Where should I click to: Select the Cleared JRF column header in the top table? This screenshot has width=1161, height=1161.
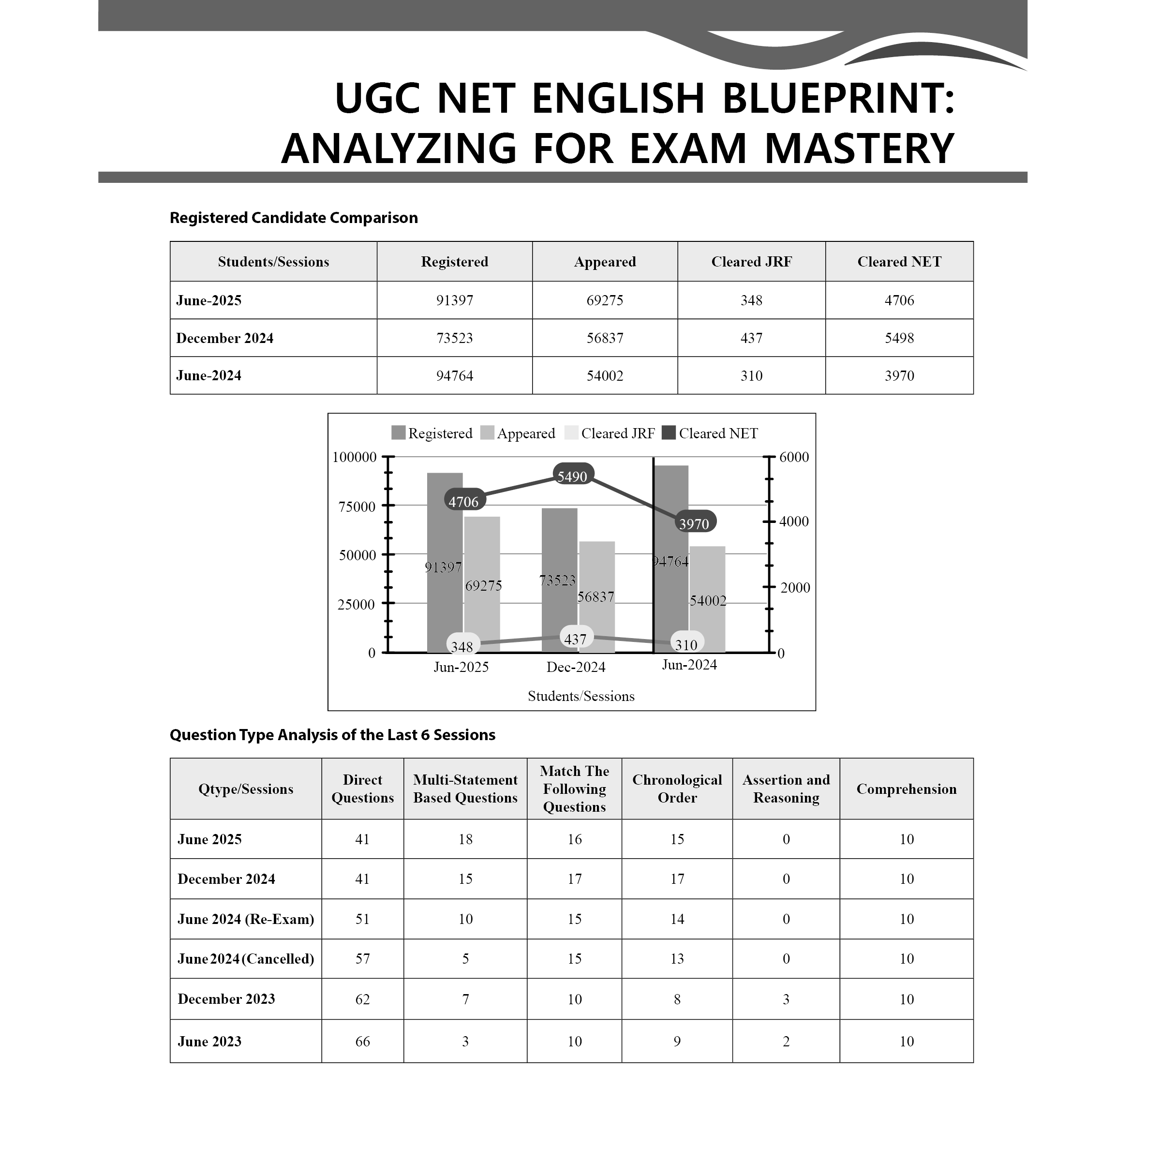(751, 262)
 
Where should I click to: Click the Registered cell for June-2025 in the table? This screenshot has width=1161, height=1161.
(454, 300)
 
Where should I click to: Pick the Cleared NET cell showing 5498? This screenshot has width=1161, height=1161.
(898, 338)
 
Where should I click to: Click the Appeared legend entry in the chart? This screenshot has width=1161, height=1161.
(518, 433)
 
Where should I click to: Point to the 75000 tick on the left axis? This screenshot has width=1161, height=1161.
(357, 506)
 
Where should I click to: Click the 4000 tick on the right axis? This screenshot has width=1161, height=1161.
(794, 521)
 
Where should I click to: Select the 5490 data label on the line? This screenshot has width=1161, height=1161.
(572, 476)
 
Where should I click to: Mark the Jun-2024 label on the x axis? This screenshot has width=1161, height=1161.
(689, 665)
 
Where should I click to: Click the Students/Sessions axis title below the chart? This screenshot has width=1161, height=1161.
(581, 696)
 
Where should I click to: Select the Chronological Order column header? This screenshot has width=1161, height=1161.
(677, 789)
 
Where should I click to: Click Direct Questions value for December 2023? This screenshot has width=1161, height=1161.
(362, 999)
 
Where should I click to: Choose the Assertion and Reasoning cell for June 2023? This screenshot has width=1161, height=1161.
(786, 1042)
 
